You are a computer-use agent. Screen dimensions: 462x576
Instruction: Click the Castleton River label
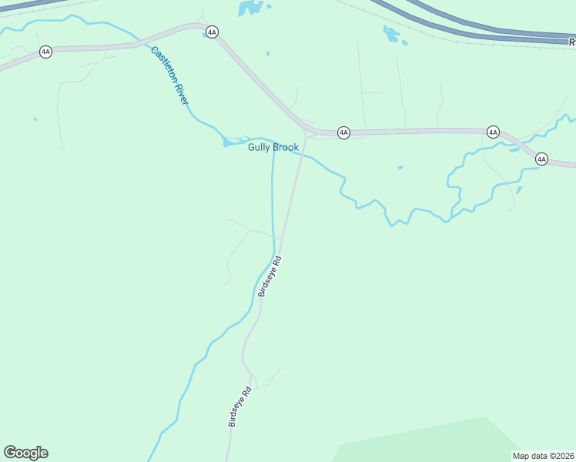coord(170,75)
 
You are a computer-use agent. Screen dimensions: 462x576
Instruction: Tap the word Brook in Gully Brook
coord(286,148)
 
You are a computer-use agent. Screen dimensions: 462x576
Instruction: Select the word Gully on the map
coord(260,148)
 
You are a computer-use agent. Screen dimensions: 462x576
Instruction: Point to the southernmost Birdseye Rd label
coord(240,406)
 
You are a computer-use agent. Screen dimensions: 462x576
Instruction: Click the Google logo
coord(25,453)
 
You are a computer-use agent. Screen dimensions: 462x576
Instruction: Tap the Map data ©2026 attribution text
coord(543,456)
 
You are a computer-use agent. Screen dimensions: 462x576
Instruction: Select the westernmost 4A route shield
coord(45,52)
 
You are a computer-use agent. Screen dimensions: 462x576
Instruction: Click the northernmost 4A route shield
coord(212,32)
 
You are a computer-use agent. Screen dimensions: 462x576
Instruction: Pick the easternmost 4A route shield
coord(541,159)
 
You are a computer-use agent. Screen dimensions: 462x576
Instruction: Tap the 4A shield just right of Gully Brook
coord(344,133)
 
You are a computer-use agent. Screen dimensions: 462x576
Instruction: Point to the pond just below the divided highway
coord(392,34)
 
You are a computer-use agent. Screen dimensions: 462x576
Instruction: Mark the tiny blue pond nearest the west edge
coord(35,119)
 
